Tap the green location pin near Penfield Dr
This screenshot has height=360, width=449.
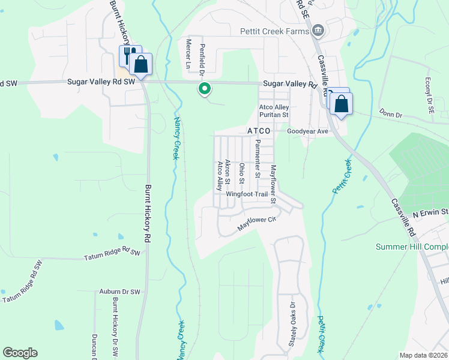[205, 89]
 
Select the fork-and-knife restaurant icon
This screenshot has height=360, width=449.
[128, 55]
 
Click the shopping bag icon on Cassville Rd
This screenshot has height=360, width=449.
[341, 104]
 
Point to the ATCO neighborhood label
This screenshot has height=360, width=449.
[260, 131]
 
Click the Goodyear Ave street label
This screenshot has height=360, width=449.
[307, 131]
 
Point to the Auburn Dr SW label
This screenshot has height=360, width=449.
[119, 292]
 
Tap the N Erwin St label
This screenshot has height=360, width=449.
[430, 212]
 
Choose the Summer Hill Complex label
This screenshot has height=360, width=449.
[412, 247]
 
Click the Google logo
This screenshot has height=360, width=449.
[20, 353]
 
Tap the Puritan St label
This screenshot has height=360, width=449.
[274, 115]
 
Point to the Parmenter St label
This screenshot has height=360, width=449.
[257, 159]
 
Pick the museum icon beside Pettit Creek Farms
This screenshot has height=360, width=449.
[318, 30]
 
